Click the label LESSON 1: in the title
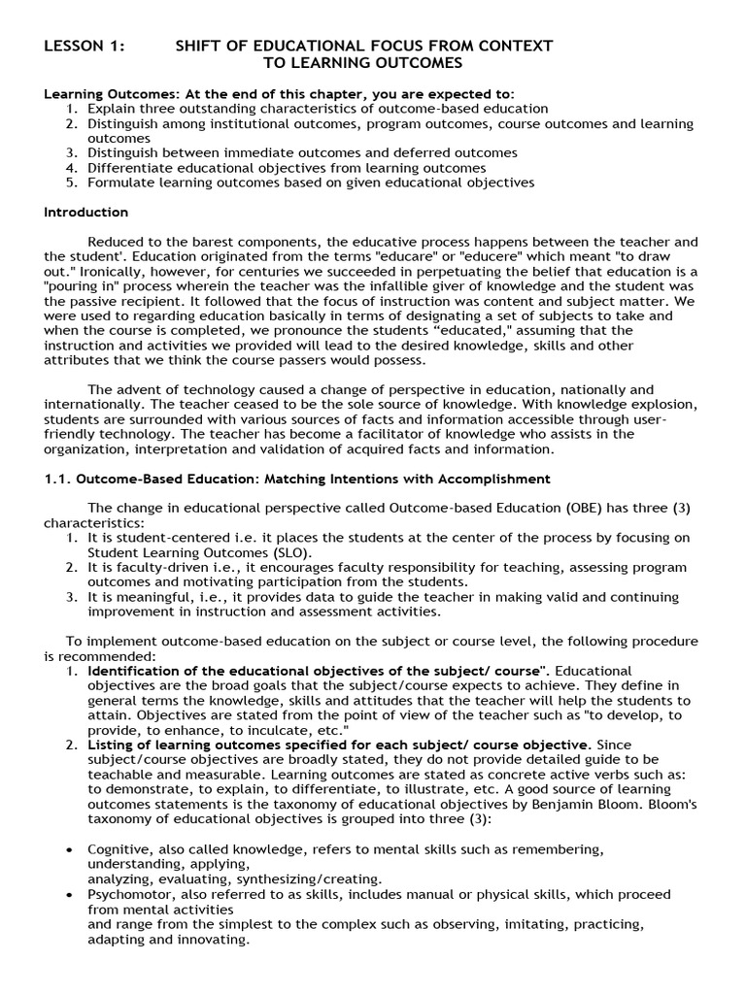[82, 46]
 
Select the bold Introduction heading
[85, 212]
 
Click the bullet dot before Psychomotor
[70, 894]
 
